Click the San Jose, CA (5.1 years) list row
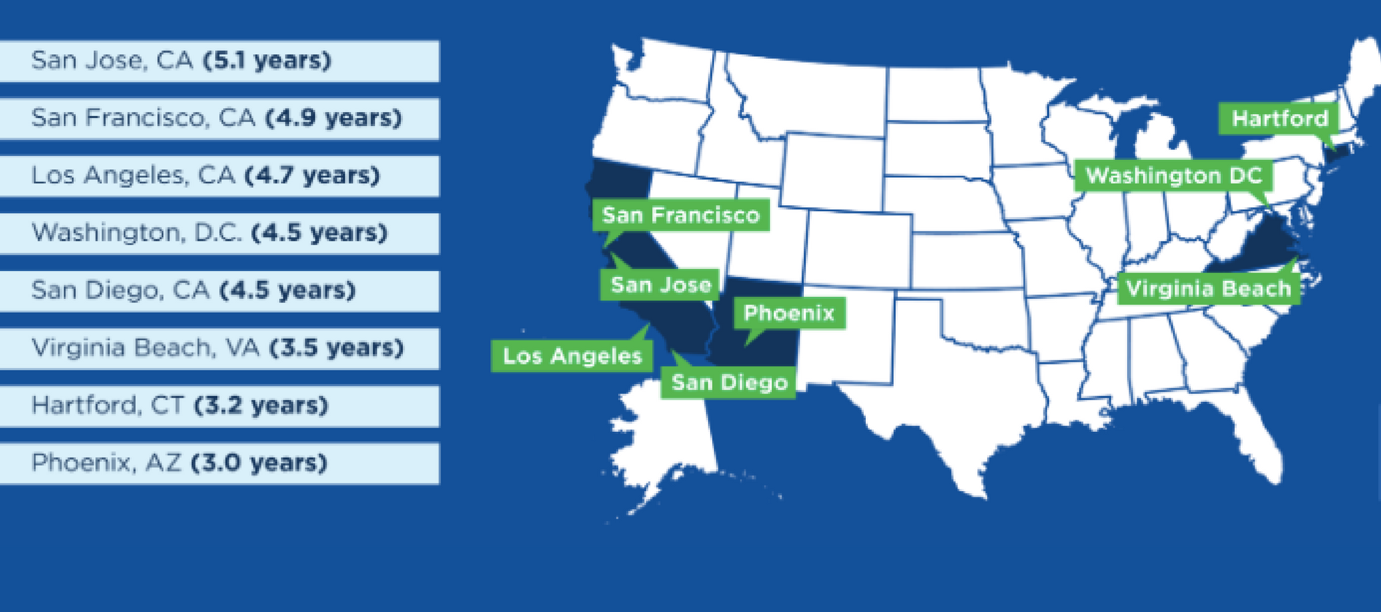point(219,61)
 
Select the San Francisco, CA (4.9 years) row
point(219,118)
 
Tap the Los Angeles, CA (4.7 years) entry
point(219,176)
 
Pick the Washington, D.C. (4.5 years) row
point(219,233)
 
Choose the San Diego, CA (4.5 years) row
point(219,291)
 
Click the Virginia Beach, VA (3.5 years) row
point(219,348)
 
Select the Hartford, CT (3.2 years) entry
point(219,406)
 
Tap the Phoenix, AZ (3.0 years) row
point(219,463)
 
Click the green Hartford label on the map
point(1279,119)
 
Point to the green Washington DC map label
point(1174,176)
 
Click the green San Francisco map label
point(680,216)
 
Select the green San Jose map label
point(660,284)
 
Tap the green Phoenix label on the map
point(789,314)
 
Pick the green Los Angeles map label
point(571,356)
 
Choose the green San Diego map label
point(729,382)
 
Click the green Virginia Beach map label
point(1208,289)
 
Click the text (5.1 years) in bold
point(267,61)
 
